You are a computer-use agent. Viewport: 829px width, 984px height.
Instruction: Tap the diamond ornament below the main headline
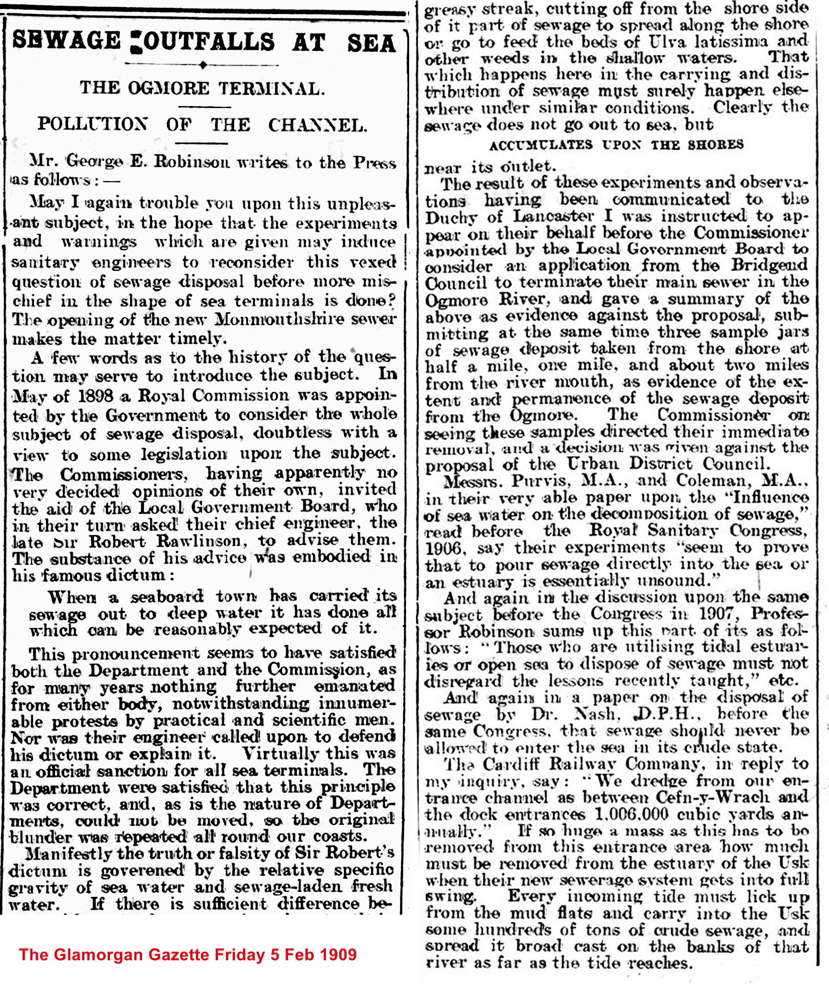[x=202, y=65]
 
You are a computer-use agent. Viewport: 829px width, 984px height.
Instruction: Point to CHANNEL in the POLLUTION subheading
[x=317, y=125]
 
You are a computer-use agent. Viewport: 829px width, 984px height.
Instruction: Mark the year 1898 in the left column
[x=96, y=396]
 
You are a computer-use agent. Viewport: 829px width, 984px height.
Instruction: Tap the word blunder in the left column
[x=37, y=837]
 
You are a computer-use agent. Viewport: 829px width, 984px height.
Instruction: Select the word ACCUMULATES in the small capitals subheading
[x=540, y=145]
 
